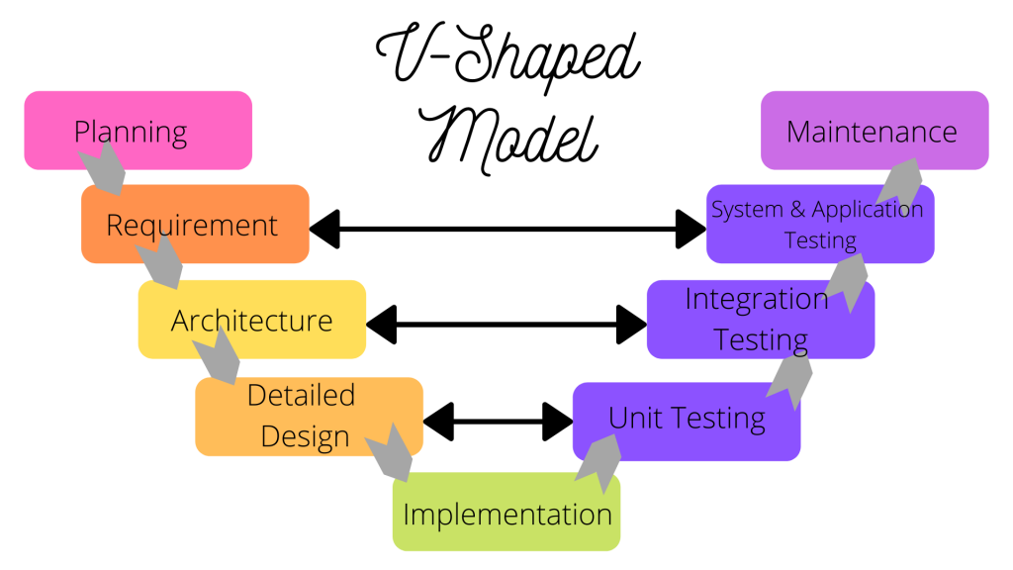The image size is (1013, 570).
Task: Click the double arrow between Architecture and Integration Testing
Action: (x=506, y=323)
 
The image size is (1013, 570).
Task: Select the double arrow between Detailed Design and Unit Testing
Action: (x=498, y=421)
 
